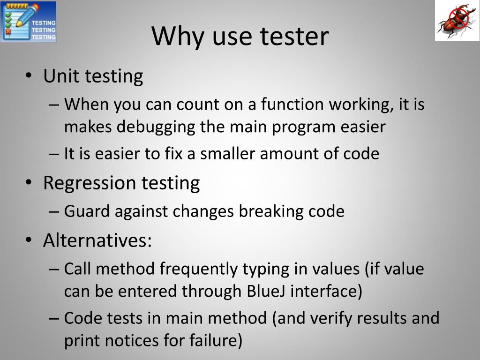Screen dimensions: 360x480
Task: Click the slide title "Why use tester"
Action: (240, 36)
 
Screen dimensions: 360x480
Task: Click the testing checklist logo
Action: (28, 22)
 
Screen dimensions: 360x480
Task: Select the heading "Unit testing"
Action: (93, 76)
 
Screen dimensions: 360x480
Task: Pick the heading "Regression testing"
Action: (121, 182)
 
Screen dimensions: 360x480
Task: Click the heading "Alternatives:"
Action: (97, 240)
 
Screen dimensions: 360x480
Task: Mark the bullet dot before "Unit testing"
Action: (29, 76)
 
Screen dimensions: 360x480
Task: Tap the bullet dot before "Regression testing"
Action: (29, 183)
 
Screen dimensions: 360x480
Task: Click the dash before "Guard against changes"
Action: (53, 212)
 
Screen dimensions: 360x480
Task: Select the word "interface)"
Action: (327, 291)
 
